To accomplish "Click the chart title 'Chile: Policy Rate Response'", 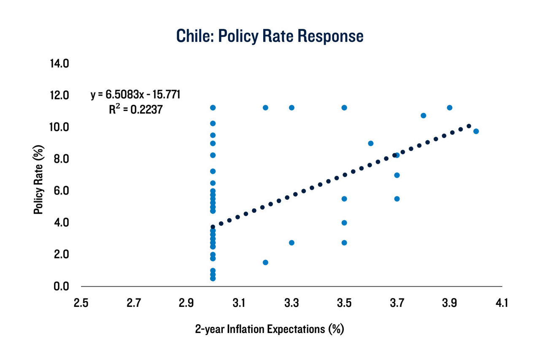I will click(x=269, y=36).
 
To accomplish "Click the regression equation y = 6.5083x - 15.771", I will click(x=135, y=94).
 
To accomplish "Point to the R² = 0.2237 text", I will click(x=135, y=110).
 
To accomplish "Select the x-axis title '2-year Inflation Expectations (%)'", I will click(x=270, y=329).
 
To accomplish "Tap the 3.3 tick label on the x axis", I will click(x=291, y=303).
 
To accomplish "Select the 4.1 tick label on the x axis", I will click(x=502, y=303).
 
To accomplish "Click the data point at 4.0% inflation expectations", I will click(x=476, y=131).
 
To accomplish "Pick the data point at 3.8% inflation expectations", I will click(x=423, y=116).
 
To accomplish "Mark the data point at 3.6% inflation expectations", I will click(x=370, y=143).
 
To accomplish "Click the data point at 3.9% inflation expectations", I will click(x=449, y=107).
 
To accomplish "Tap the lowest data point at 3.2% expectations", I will click(x=265, y=262).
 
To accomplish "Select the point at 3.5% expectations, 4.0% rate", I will click(x=344, y=223).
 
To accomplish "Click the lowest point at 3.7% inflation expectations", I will click(x=397, y=199).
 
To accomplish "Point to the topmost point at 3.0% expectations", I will click(x=213, y=107).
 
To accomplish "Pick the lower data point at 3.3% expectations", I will click(x=292, y=242).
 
